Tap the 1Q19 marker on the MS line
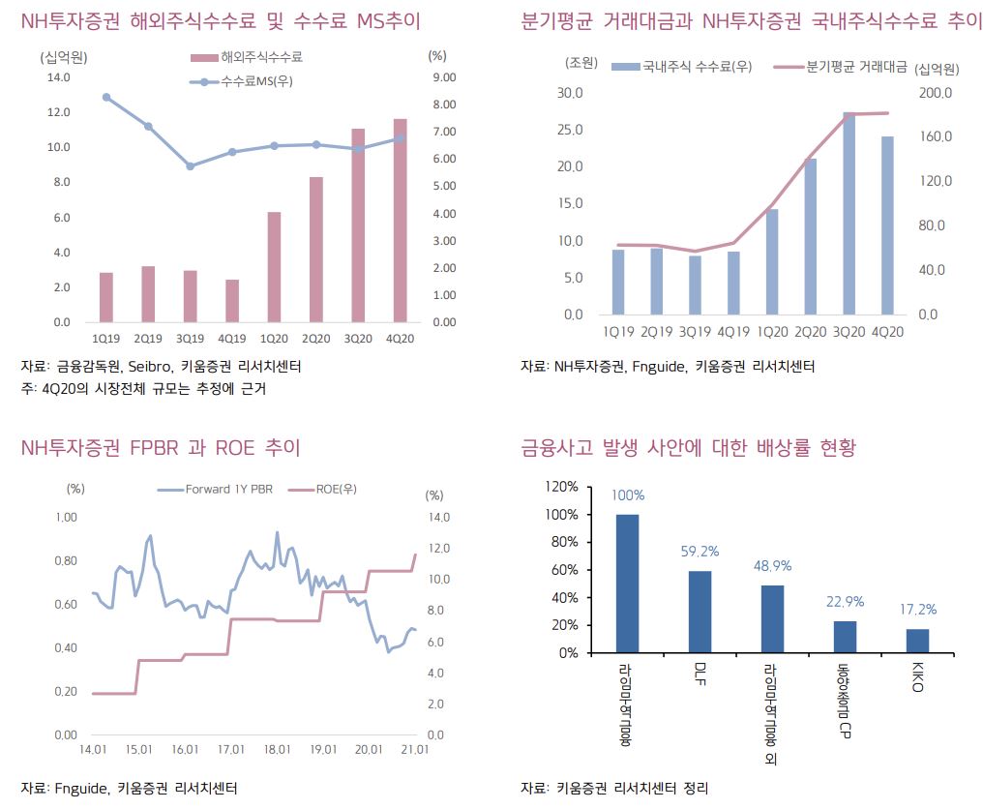(106, 97)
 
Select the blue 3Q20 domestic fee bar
(849, 214)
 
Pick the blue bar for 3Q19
(695, 285)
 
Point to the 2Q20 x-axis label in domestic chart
(811, 331)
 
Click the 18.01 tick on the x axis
(278, 750)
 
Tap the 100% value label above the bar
(627, 495)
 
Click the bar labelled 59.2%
(700, 612)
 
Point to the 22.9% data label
(845, 602)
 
